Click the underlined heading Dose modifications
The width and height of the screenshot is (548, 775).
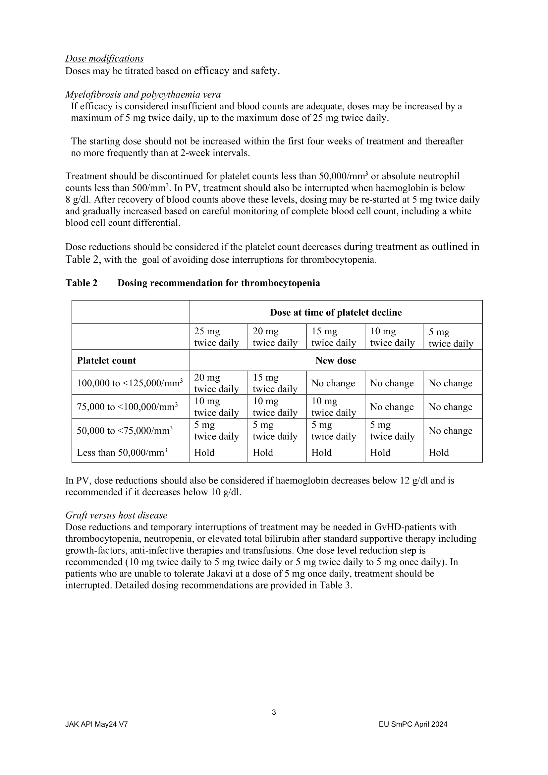tap(104, 58)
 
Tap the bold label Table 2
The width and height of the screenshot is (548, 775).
tap(81, 283)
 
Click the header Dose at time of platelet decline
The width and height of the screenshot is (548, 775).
tap(335, 312)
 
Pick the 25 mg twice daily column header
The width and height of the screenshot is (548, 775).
tap(216, 337)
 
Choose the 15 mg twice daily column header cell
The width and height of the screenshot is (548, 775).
tap(334, 337)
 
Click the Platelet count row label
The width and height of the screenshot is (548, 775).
tap(106, 360)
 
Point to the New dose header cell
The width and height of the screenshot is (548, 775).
tap(335, 360)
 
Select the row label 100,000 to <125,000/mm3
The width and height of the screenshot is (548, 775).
tap(130, 383)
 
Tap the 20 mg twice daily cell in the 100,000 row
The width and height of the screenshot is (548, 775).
tap(216, 383)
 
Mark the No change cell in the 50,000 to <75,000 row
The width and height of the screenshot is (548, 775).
tap(450, 431)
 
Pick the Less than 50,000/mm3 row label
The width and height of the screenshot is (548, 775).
tap(122, 453)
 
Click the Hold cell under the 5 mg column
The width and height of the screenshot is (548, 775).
tap(439, 453)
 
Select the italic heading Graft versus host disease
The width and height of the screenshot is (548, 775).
tap(116, 515)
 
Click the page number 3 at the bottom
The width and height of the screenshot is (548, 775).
tap(274, 712)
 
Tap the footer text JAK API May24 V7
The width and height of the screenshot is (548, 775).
tap(96, 724)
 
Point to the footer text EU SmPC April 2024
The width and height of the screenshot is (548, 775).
tap(413, 724)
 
